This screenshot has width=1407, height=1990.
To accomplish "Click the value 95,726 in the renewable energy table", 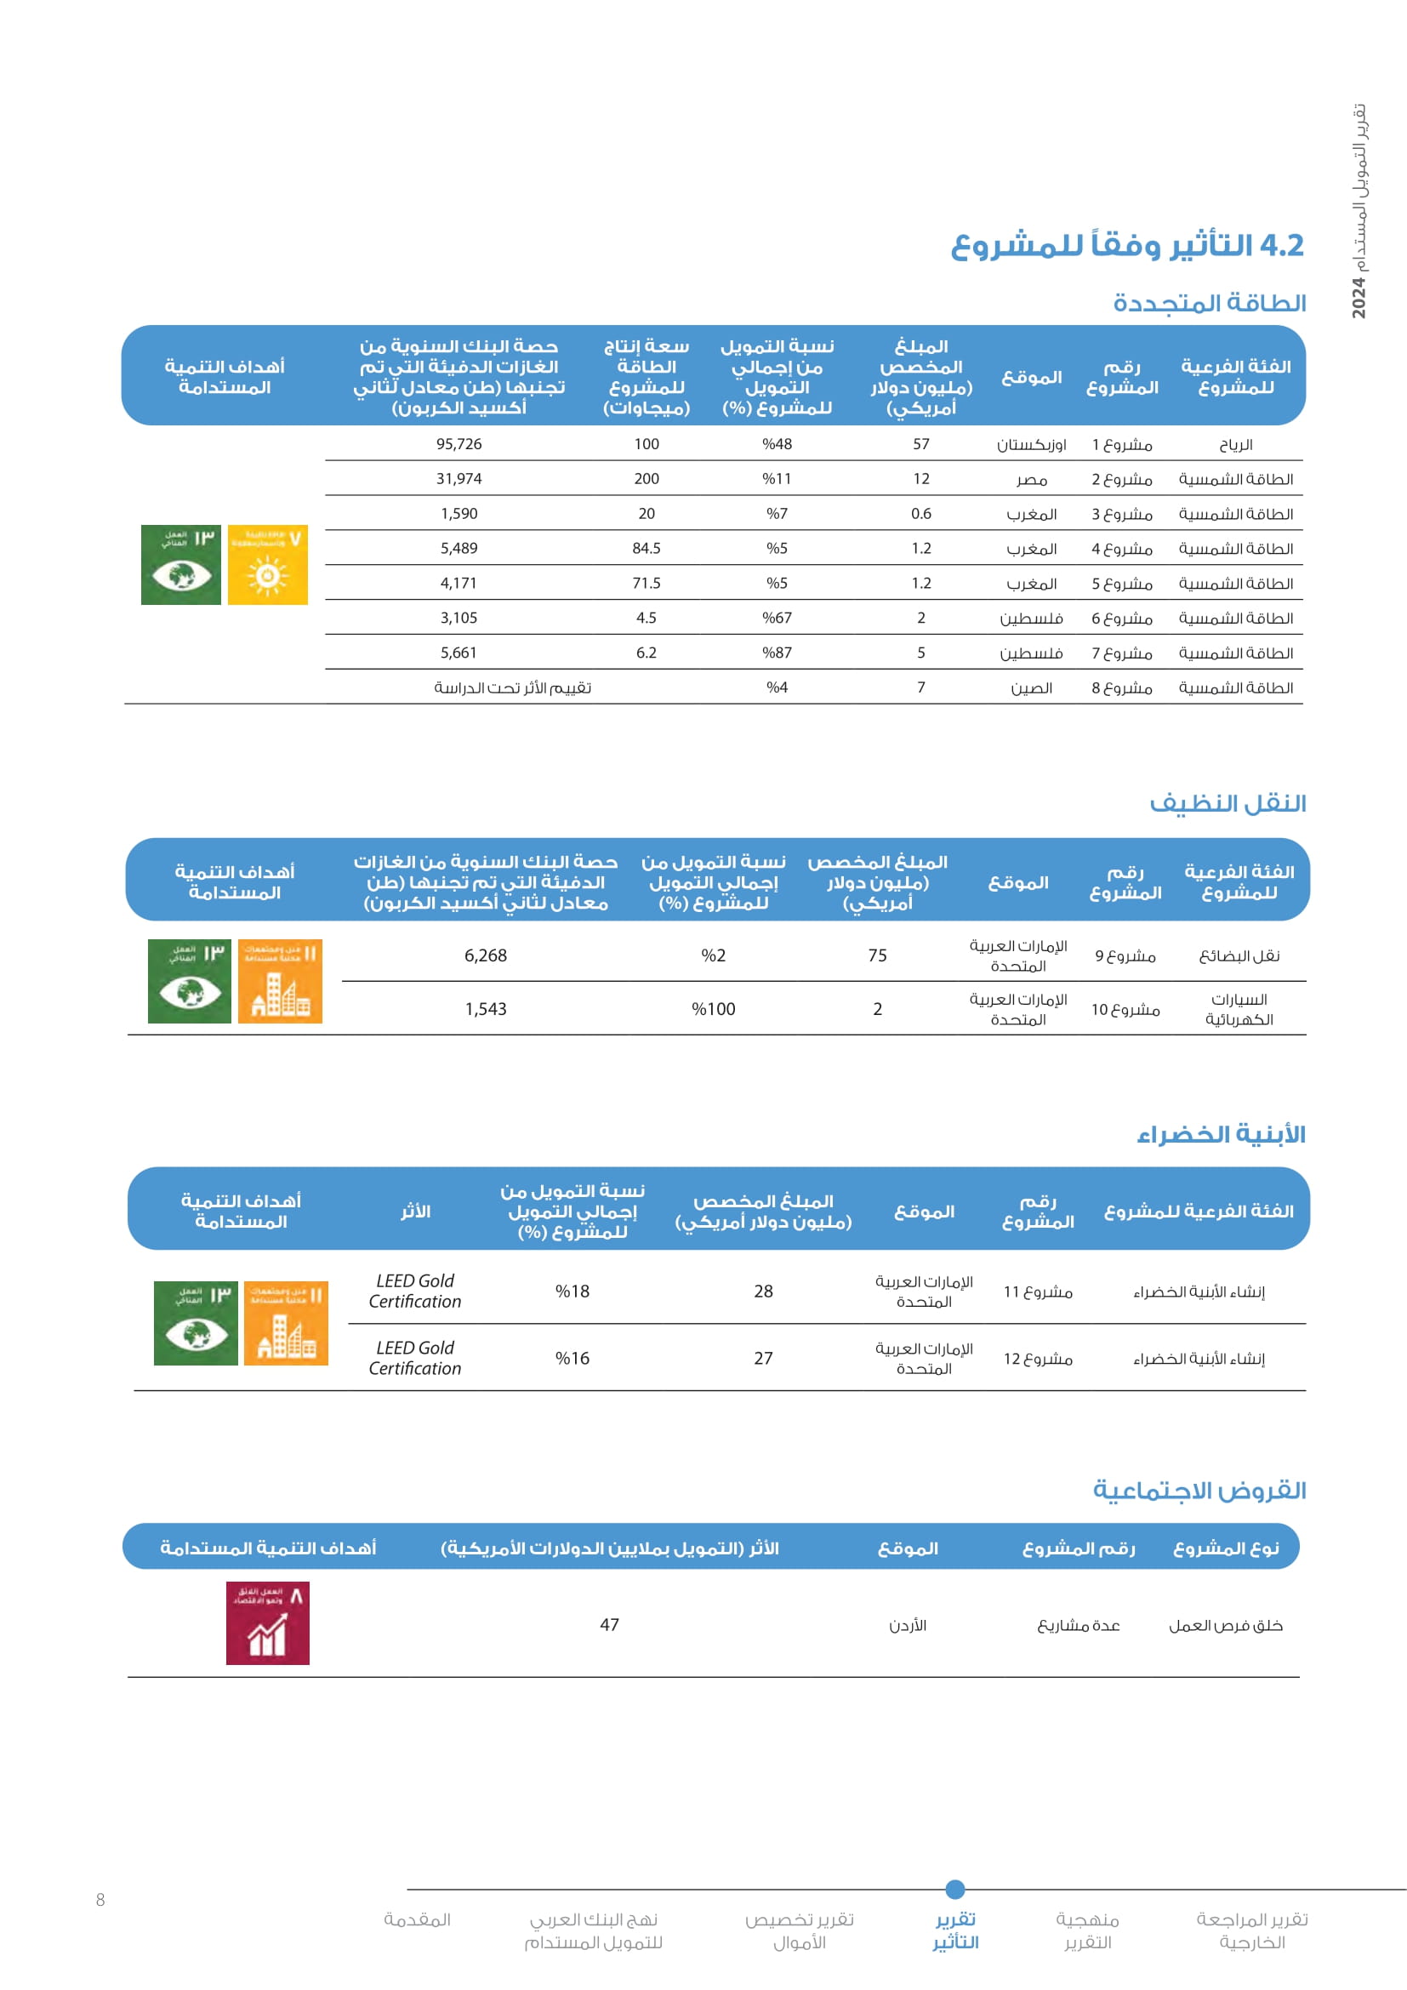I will pos(459,444).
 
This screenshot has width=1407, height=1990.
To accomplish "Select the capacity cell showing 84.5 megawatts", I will pos(647,548).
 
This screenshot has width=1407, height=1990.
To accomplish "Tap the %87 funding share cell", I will pos(778,653).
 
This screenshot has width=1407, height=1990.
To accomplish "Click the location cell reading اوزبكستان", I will pos(1031,445).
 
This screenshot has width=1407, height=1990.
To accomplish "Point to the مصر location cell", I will pos(1031,479).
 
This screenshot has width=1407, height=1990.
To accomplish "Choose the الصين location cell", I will pos(1031,687).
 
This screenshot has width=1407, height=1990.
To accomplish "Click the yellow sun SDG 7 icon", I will pos(268,565).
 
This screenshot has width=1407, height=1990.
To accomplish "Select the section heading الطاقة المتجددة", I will pos(1210,304).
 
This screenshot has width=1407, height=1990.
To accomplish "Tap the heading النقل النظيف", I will pos(1228,803).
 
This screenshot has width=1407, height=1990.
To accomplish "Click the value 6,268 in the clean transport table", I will pos(485,955).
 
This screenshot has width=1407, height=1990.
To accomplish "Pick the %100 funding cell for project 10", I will pos(713,1009).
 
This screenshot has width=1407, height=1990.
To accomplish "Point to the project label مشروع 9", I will pos(1125,956).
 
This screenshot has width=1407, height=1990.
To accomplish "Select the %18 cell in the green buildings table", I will pos(572,1292).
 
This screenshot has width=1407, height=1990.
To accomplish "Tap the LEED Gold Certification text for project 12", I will pos(415,1358).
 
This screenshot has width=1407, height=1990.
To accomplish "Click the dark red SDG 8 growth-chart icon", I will pos(268,1623).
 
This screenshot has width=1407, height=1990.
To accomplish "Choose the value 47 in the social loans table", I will pos(609,1625).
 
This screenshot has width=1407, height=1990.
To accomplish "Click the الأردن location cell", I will pos(907,1626).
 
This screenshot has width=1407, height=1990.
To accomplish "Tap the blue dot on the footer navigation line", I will pos(954,1890).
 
